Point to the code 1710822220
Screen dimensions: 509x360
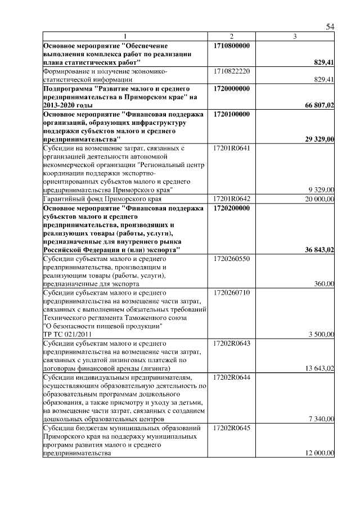pyautogui.click(x=232, y=71)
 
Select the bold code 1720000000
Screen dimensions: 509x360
pyautogui.click(x=232, y=89)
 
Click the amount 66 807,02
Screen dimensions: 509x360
pyautogui.click(x=319, y=105)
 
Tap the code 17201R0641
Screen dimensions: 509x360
pyautogui.click(x=232, y=148)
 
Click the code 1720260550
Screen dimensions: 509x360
pyautogui.click(x=232, y=259)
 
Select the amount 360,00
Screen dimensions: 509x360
pyautogui.click(x=325, y=284)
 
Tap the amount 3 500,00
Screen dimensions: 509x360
pyautogui.click(x=322, y=335)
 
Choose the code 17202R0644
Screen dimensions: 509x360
pyautogui.click(x=232, y=377)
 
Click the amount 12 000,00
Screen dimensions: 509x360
pyautogui.click(x=320, y=453)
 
